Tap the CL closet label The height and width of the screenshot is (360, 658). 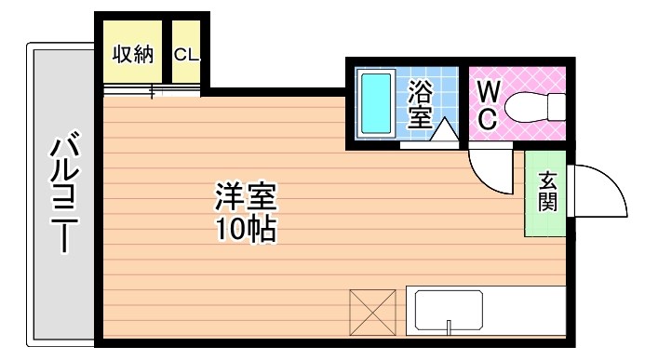[186, 55]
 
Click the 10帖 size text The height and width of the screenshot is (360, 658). [246, 228]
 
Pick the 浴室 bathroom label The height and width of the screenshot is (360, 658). [420, 103]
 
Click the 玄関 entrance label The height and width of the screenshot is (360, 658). [547, 191]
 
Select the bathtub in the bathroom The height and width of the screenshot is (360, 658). [376, 103]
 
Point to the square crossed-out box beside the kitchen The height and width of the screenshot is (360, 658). [372, 311]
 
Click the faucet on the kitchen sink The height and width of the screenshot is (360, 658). [449, 327]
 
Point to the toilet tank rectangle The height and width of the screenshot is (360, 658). [557, 106]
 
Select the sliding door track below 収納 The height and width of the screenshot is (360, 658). [151, 91]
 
